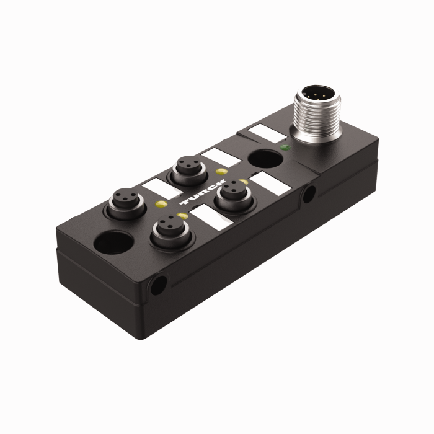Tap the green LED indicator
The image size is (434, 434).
pyautogui.click(x=285, y=148)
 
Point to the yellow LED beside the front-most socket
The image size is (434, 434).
pyautogui.click(x=182, y=215)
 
